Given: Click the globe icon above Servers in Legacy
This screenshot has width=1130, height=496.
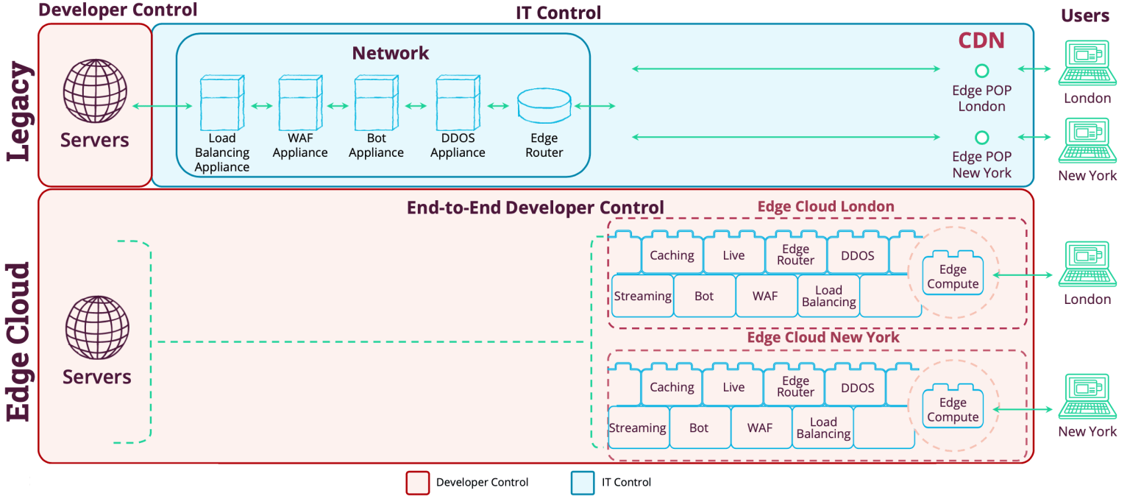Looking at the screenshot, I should [x=95, y=91].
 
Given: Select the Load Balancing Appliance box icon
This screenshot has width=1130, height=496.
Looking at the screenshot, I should [x=221, y=102].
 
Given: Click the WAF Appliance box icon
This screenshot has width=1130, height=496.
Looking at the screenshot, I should [x=299, y=102].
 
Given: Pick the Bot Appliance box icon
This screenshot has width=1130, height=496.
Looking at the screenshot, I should [x=376, y=102].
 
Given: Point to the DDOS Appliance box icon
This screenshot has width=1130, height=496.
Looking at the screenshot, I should [x=458, y=102].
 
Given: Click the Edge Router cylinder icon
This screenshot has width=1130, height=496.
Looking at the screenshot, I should [x=544, y=106].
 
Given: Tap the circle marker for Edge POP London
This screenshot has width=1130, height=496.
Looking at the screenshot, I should [x=981, y=71].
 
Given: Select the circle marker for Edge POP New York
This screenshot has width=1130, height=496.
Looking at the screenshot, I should [x=981, y=138].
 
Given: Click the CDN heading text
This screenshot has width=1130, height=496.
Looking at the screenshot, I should [x=981, y=40].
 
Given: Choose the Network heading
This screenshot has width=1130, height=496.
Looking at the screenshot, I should [x=390, y=53].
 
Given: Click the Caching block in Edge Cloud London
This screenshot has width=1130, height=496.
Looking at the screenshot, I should [x=672, y=255].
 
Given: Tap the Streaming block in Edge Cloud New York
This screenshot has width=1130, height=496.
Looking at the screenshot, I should [x=637, y=428].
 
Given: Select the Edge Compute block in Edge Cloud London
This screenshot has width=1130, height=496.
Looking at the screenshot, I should [x=953, y=277].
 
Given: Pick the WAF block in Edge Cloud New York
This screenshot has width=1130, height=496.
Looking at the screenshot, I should [x=760, y=428].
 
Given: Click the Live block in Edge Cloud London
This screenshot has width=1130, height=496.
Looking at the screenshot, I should [x=733, y=255].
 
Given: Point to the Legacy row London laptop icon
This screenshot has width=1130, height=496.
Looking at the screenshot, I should [x=1087, y=64].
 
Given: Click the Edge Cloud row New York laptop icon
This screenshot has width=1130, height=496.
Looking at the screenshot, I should [x=1087, y=397].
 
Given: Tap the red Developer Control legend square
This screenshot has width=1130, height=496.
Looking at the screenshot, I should [x=417, y=483].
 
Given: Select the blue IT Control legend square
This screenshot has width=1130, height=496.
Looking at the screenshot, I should [x=582, y=483].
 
